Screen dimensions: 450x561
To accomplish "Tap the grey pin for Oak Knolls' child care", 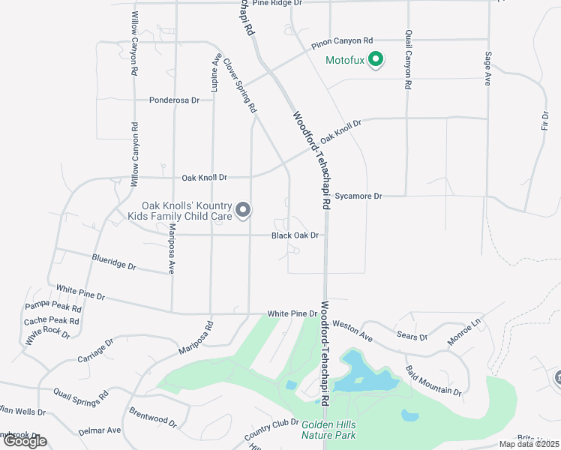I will [x=242, y=211].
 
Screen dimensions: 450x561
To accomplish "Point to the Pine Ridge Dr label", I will [x=277, y=3].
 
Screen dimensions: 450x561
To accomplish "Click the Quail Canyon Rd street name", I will [x=407, y=60].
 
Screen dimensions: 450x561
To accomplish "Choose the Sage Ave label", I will [x=487, y=68].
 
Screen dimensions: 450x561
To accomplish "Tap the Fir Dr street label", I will [x=544, y=124].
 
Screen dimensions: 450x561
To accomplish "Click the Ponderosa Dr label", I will [x=174, y=100].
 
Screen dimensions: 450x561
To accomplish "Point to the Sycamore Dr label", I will [x=358, y=196].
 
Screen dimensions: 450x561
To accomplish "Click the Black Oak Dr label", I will [x=295, y=235].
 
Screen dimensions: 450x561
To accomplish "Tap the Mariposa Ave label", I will [x=172, y=247].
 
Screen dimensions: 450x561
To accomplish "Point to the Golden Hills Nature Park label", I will [x=328, y=429].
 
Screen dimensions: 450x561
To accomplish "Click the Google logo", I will [x=24, y=441].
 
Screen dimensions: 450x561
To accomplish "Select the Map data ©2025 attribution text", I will [x=529, y=444].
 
